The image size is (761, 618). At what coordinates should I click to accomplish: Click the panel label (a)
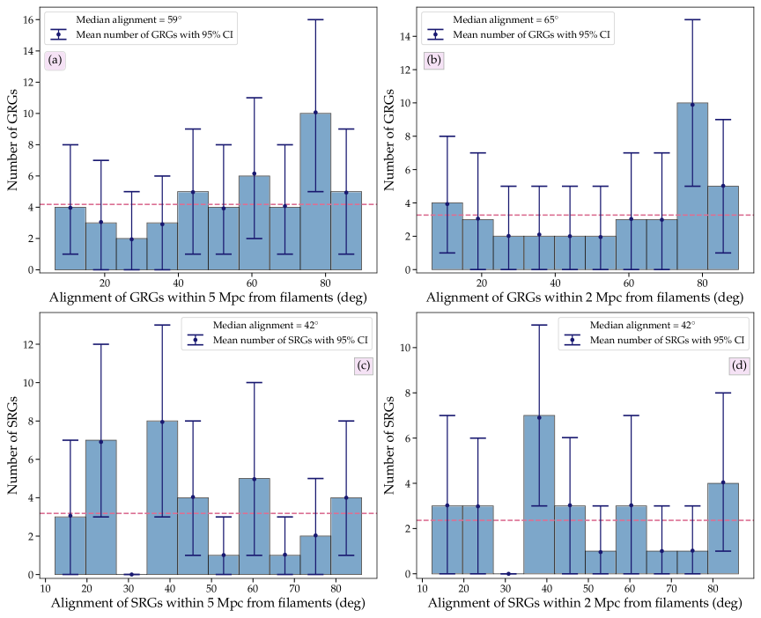[x=56, y=60]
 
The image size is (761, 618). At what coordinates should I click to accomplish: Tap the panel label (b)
[x=433, y=60]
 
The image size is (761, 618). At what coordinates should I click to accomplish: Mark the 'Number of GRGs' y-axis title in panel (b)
[x=388, y=141]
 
